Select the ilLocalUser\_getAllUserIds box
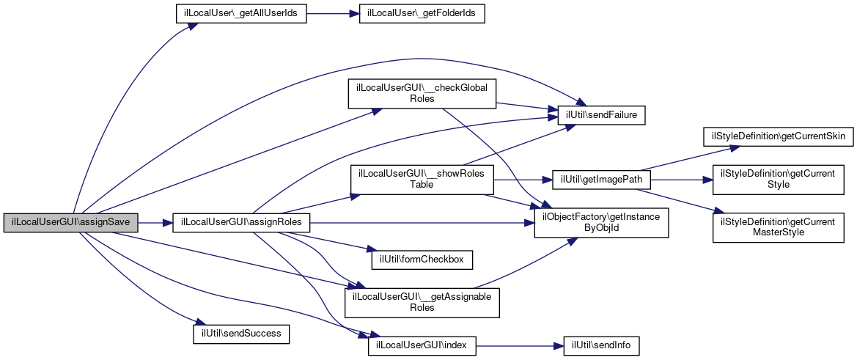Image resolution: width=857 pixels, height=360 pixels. (x=240, y=15)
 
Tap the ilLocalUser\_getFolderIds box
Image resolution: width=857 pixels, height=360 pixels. (x=422, y=15)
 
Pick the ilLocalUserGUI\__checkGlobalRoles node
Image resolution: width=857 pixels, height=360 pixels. (x=422, y=93)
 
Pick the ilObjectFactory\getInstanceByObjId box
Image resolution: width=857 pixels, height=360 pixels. (x=601, y=222)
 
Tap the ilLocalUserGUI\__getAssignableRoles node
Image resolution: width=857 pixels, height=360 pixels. (x=422, y=302)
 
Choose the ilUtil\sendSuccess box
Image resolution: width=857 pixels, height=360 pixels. (x=241, y=334)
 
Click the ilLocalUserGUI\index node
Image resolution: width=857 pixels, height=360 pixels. (x=422, y=344)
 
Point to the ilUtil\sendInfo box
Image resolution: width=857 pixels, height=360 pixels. (x=601, y=344)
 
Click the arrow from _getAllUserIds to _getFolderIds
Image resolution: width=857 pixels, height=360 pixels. (x=332, y=15)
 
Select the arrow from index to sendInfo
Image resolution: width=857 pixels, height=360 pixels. (x=520, y=344)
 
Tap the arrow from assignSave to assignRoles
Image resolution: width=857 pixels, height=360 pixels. (x=155, y=222)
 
